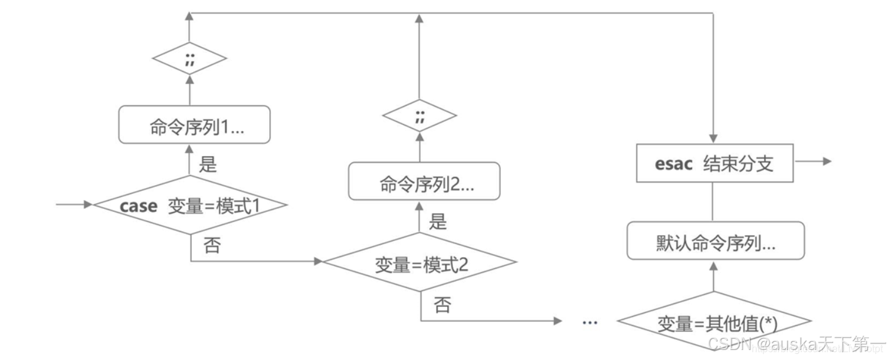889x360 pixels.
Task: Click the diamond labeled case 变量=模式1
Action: click(x=191, y=206)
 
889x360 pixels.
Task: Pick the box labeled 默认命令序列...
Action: click(x=716, y=241)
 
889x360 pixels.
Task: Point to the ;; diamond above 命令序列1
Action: click(x=189, y=61)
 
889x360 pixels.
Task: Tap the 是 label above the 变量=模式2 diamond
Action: click(x=437, y=221)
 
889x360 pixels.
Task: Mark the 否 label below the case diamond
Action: click(x=212, y=245)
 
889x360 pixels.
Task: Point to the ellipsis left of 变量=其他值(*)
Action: click(x=590, y=322)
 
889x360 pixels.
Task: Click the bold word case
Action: click(x=138, y=206)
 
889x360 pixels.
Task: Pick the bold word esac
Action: click(x=674, y=164)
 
